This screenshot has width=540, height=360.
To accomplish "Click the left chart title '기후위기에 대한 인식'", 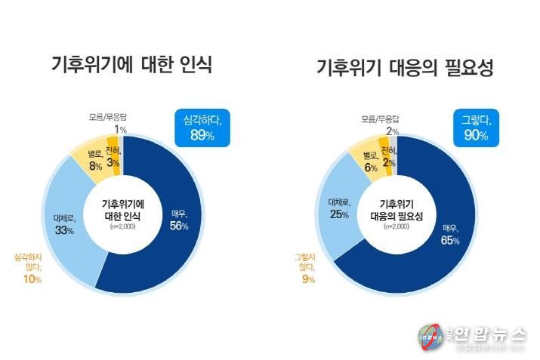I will [131, 65].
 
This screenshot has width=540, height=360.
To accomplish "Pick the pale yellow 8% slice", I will [94, 161].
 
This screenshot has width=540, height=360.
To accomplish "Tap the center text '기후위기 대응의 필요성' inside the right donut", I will [397, 210].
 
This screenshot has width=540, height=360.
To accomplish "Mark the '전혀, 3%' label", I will [113, 157].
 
